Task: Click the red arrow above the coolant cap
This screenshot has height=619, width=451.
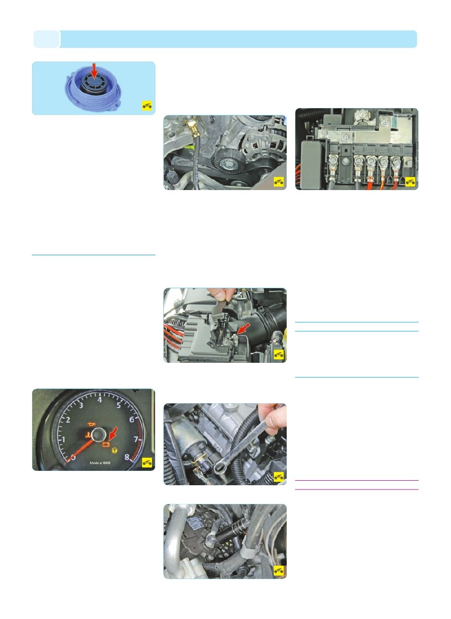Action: (x=94, y=71)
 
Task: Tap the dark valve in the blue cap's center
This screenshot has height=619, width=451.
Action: (x=94, y=83)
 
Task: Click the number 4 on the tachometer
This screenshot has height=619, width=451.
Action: (x=100, y=400)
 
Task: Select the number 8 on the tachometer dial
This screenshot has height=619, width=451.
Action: (x=127, y=457)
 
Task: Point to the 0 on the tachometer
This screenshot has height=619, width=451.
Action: (x=73, y=458)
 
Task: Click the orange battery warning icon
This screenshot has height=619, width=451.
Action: (x=106, y=444)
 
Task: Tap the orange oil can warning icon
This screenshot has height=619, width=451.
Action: (x=91, y=424)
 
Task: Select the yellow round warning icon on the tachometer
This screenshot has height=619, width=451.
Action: (x=114, y=451)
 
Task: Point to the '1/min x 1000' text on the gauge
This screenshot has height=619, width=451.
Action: (x=100, y=463)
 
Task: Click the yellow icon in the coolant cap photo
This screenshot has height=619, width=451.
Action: (x=147, y=106)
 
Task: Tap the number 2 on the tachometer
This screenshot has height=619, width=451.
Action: (x=68, y=420)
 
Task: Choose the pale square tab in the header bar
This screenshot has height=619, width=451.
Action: (x=46, y=39)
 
